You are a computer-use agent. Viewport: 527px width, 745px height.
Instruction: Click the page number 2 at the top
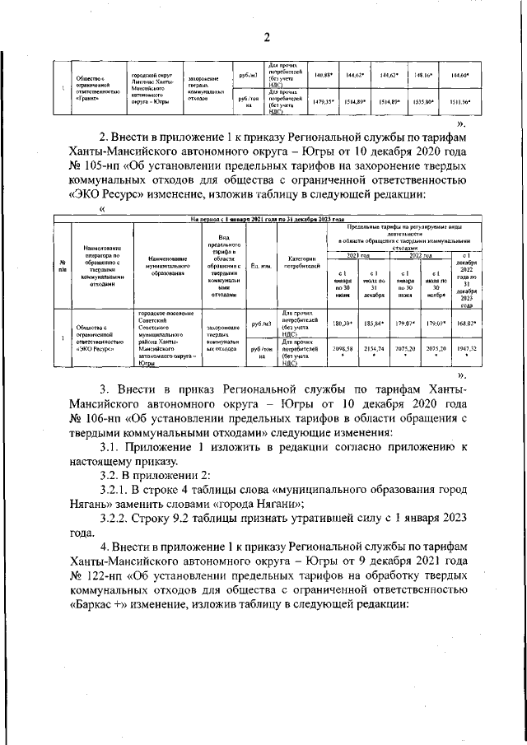click(x=267, y=37)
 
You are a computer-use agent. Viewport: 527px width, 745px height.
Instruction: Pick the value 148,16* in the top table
click(x=424, y=75)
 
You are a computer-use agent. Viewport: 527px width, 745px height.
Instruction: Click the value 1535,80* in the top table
click(x=424, y=102)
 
